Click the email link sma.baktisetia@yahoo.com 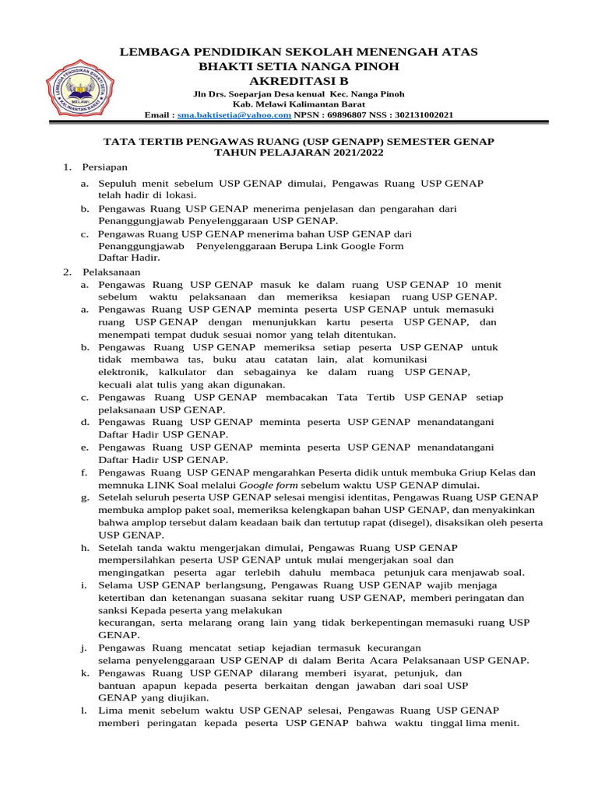pyautogui.click(x=234, y=115)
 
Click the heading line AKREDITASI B pyautogui.click(x=298, y=80)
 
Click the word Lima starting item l pyautogui.click(x=111, y=711)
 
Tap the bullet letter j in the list pyautogui.click(x=83, y=648)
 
